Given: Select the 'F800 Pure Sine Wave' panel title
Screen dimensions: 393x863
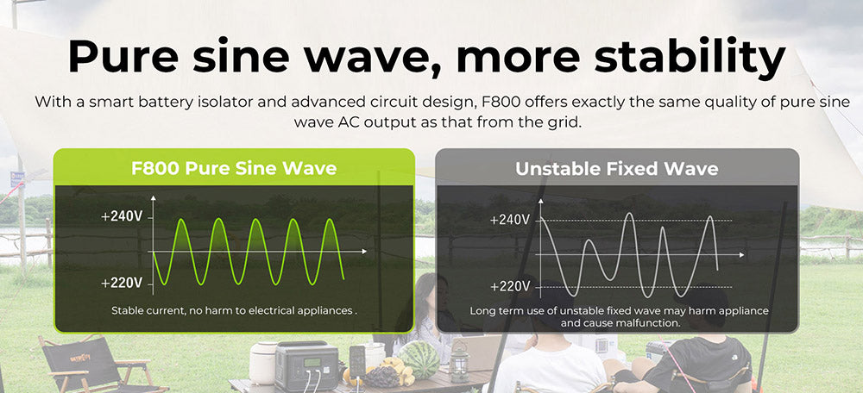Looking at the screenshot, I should pyautogui.click(x=234, y=167).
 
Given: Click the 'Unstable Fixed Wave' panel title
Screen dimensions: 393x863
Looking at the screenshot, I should pyautogui.click(x=616, y=168).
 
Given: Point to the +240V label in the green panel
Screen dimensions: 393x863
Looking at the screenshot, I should pyautogui.click(x=121, y=216).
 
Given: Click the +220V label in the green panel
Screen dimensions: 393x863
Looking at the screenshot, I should pyautogui.click(x=121, y=283).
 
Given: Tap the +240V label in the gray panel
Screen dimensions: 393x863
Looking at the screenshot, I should pyautogui.click(x=509, y=220).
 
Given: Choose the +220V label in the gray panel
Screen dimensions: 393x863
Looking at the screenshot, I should pyautogui.click(x=509, y=286).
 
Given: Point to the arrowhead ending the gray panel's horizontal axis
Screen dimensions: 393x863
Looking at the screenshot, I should pyautogui.click(x=742, y=255).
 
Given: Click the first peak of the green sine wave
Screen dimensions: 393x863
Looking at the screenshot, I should pyautogui.click(x=180, y=221).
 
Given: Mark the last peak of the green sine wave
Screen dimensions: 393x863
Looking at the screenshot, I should pyautogui.click(x=331, y=221).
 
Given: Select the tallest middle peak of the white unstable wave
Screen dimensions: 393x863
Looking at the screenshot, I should pyautogui.click(x=629, y=215).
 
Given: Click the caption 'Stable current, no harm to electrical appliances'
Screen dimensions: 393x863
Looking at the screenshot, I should pyautogui.click(x=233, y=309).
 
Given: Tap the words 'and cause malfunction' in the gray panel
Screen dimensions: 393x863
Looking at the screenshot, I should pyautogui.click(x=620, y=322).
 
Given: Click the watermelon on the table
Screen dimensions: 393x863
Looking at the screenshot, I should pyautogui.click(x=420, y=359).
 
